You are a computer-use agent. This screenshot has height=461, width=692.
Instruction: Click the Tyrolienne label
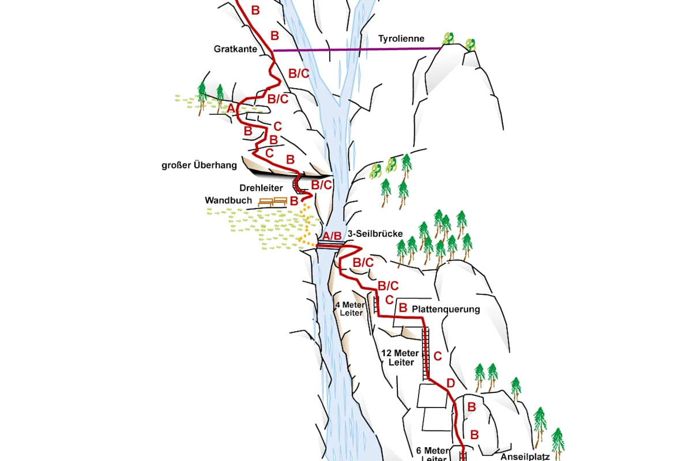click(x=401, y=39)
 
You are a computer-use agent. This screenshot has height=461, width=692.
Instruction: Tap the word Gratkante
click(x=235, y=49)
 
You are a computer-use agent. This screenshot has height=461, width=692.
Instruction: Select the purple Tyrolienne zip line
click(x=358, y=50)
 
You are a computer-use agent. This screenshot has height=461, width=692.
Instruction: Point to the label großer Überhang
click(x=200, y=165)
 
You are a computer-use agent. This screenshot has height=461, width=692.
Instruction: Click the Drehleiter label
click(x=261, y=188)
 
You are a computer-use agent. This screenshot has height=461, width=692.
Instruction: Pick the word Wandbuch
click(x=228, y=201)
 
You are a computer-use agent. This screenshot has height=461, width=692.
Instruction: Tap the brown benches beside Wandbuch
click(x=273, y=202)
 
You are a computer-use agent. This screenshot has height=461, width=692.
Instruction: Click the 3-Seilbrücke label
click(x=375, y=234)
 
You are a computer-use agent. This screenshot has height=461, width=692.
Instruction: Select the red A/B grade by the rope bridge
click(x=332, y=236)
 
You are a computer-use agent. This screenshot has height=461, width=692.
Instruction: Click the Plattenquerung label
click(x=446, y=309)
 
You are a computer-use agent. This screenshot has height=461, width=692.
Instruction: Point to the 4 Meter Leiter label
click(x=351, y=309)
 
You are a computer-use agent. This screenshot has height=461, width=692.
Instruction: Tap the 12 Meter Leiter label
click(x=401, y=357)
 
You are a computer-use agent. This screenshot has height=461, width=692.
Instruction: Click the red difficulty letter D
click(x=451, y=383)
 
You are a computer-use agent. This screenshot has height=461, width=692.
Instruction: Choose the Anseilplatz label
click(x=525, y=456)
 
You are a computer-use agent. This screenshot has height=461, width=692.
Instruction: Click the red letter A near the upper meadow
click(x=231, y=108)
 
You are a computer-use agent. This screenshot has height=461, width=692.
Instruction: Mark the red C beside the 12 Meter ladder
click(x=438, y=356)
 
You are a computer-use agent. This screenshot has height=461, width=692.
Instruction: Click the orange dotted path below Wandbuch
click(x=306, y=224)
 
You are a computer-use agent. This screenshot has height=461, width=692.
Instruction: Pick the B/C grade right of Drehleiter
click(x=322, y=185)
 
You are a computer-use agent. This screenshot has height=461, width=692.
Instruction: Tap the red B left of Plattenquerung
click(x=403, y=308)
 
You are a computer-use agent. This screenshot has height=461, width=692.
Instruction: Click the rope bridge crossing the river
click(x=330, y=244)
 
